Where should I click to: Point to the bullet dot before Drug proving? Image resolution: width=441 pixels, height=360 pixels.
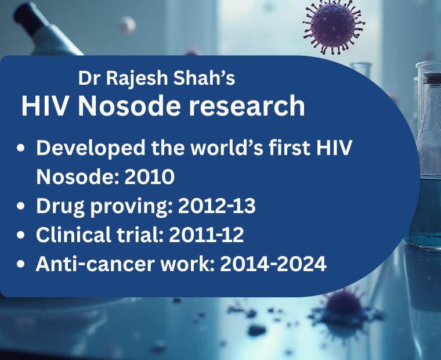(21, 206)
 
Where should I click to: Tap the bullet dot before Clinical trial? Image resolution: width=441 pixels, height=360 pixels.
(21, 235)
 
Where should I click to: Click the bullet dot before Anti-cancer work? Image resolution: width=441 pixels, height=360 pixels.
(21, 264)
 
